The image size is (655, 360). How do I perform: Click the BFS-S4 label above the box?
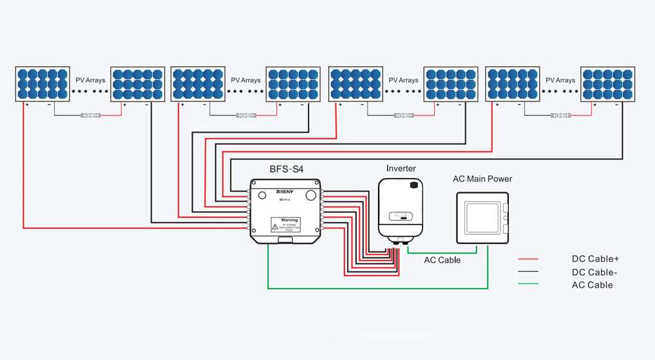286,169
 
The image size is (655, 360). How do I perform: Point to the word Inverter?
401,168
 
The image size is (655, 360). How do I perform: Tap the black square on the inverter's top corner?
414,186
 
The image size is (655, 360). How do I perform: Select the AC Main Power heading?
482,179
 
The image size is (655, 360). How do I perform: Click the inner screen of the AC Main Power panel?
481,218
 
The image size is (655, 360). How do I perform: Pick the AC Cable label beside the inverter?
442,260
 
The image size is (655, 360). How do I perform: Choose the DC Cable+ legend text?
595,259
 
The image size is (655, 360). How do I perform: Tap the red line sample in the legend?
528,259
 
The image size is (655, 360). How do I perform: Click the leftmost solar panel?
43,84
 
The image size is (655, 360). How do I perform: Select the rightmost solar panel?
608,84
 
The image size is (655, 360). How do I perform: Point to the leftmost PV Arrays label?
90,80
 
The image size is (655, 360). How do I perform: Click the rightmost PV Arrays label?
560,80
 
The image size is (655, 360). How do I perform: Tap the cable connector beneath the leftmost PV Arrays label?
90,116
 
